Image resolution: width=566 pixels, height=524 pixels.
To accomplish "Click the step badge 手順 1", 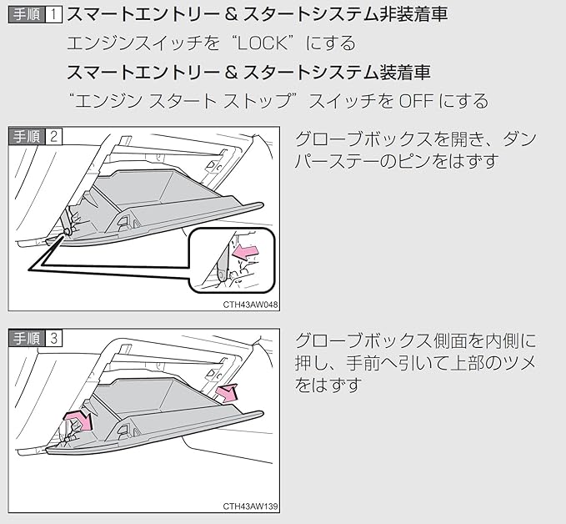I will tap(34, 14).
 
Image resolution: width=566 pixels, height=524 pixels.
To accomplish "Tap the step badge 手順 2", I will tap(35, 136).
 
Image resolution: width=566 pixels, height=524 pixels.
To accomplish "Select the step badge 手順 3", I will tap(35, 338).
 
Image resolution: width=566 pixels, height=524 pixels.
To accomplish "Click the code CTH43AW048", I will tap(251, 305).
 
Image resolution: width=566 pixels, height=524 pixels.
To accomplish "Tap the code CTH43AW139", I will tap(251, 506).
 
